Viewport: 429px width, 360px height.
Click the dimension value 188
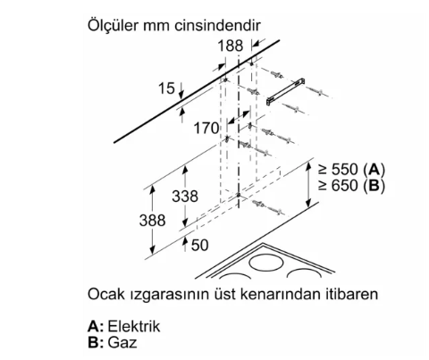point(231,46)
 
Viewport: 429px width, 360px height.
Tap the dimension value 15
point(166,88)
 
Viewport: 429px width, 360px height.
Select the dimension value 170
point(206,129)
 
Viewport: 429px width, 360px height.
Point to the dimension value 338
point(185,197)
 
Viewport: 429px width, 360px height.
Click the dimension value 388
point(152,221)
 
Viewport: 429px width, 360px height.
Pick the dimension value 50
point(199,245)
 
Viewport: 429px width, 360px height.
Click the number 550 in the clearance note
point(345,170)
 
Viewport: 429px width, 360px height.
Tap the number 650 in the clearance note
point(345,186)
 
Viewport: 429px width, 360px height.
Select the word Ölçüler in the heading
point(113,25)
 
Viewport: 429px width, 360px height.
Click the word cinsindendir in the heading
point(217,26)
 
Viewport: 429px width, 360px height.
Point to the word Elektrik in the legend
point(134,326)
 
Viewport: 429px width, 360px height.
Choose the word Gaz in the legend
point(122,342)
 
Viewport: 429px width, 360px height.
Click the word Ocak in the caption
point(106,294)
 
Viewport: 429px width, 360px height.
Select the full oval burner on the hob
point(266,263)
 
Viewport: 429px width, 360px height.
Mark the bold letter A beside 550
point(374,170)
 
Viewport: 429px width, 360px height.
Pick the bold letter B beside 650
point(374,186)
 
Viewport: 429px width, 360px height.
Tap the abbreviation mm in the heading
point(156,27)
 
